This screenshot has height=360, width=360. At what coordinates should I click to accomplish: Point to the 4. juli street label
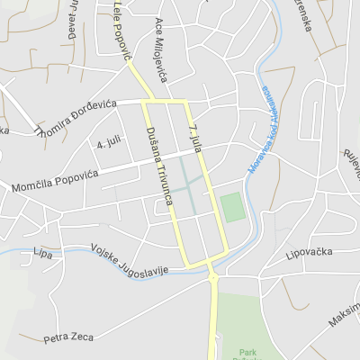108,142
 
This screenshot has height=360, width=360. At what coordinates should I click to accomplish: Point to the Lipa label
41,251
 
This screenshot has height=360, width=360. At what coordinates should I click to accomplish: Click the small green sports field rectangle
233,208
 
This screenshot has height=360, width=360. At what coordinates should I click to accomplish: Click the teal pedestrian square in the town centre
189,190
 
